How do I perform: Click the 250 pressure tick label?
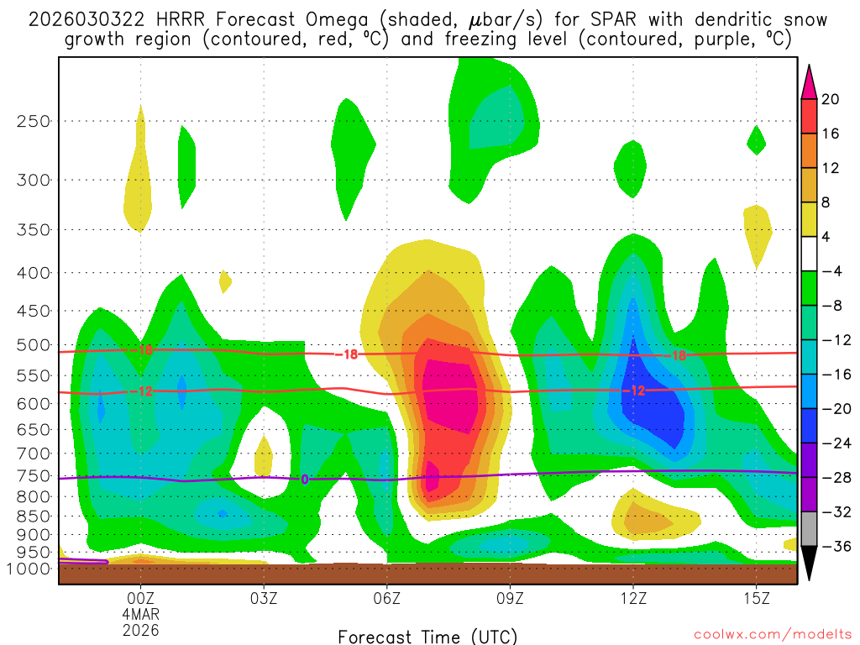(34, 121)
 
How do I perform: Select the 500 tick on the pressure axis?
(34, 344)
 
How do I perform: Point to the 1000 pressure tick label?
(31, 569)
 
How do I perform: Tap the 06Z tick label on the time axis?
(387, 598)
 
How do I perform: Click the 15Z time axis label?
(757, 598)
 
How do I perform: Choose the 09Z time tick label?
(511, 598)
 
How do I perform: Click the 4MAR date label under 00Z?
(140, 614)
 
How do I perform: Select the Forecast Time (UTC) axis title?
(427, 636)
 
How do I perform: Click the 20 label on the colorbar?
(831, 99)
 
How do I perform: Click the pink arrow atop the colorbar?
(809, 81)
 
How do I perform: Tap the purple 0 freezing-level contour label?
(305, 480)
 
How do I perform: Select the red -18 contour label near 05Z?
(346, 355)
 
